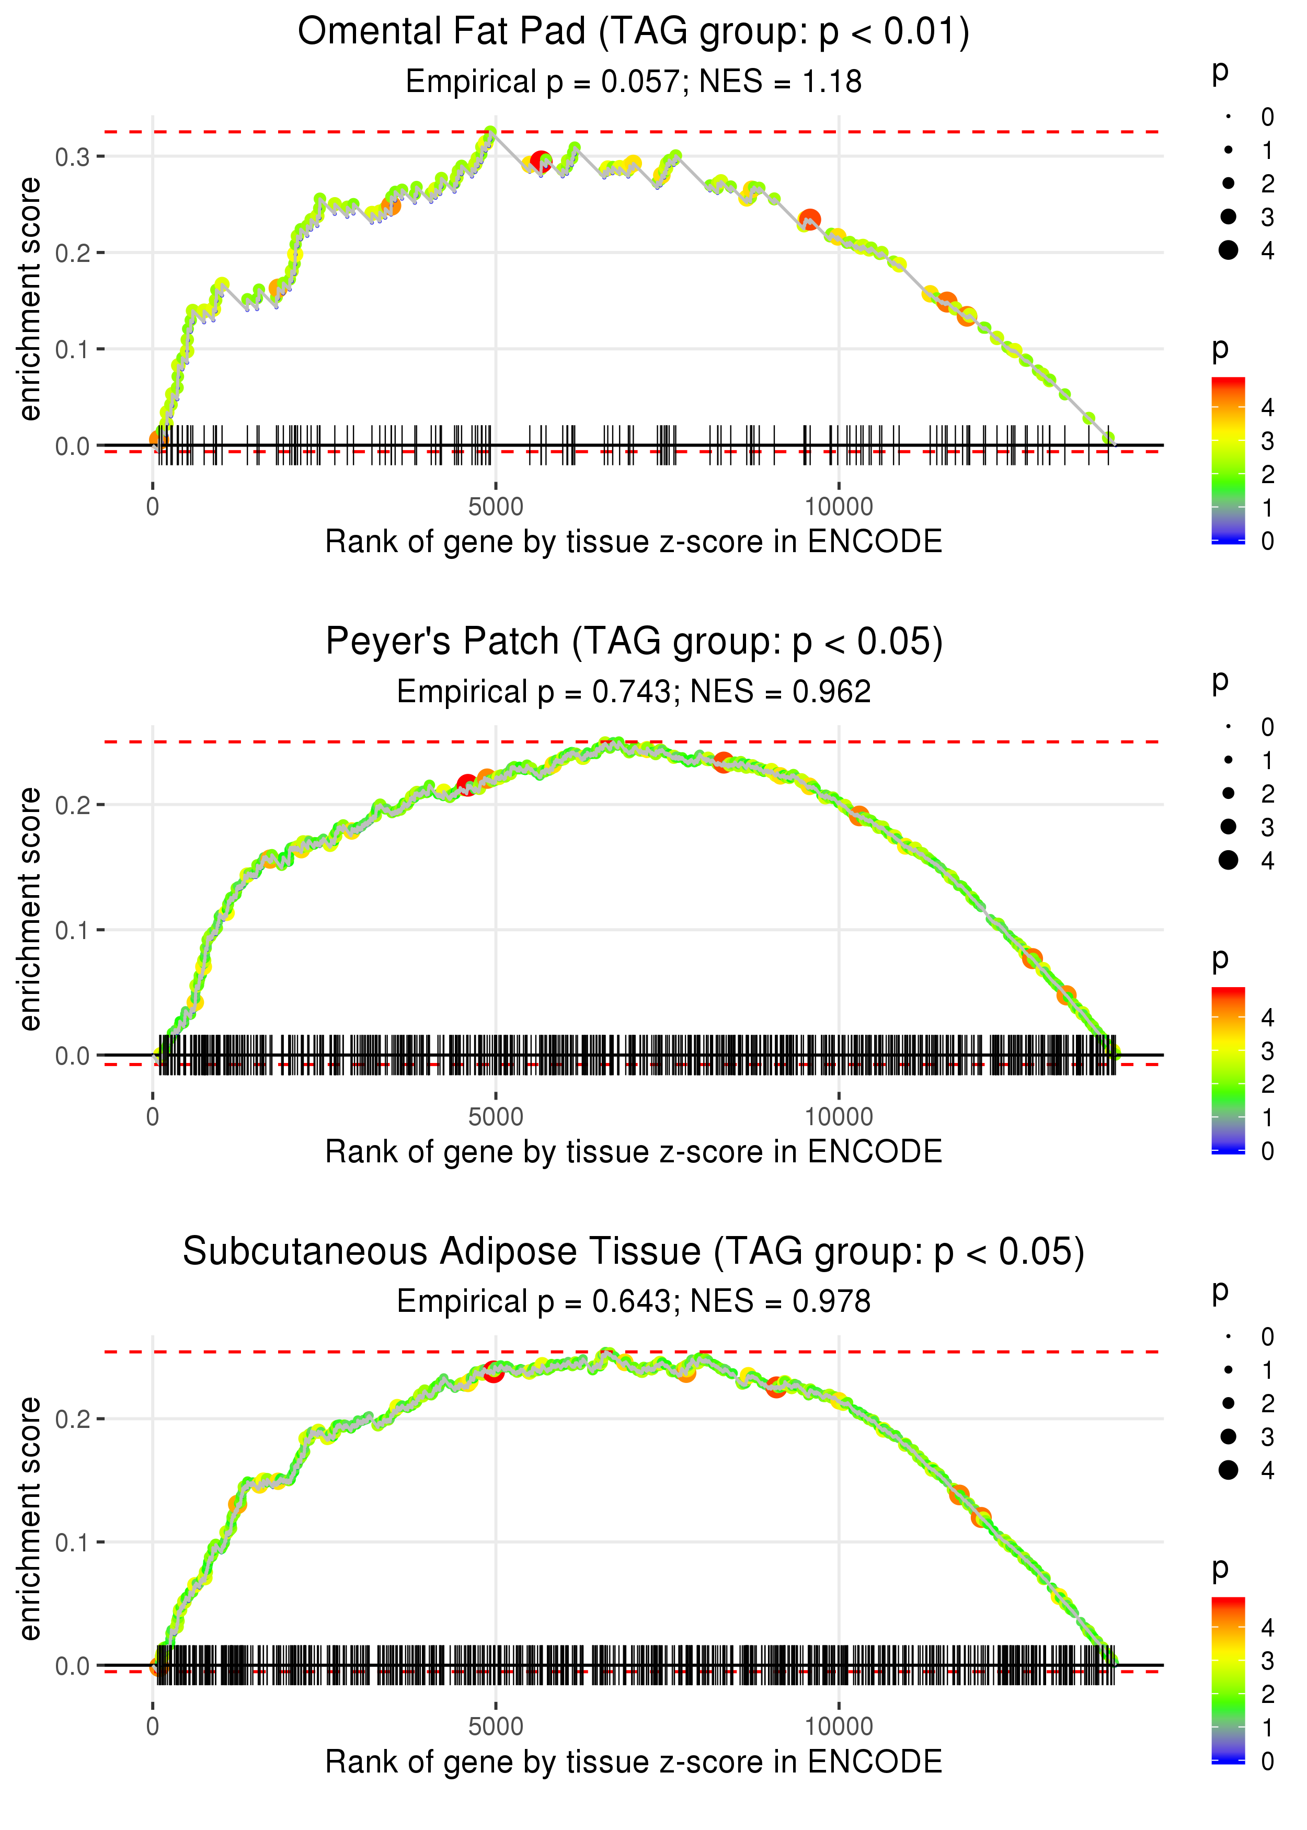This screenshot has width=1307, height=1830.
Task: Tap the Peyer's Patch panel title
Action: [x=634, y=642]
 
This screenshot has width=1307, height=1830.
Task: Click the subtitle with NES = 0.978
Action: [x=634, y=1301]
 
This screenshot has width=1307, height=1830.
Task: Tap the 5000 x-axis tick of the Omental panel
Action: [x=496, y=507]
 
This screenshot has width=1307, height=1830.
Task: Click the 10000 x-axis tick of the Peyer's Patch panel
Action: [x=839, y=1117]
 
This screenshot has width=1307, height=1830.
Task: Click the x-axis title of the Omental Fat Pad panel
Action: [x=634, y=542]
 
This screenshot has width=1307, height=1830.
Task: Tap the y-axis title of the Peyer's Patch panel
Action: [x=30, y=909]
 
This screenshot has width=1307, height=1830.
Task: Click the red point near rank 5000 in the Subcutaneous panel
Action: [x=494, y=1372]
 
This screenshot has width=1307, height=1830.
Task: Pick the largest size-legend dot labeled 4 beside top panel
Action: [x=1228, y=250]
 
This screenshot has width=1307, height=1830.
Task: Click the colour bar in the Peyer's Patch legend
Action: [x=1228, y=1070]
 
